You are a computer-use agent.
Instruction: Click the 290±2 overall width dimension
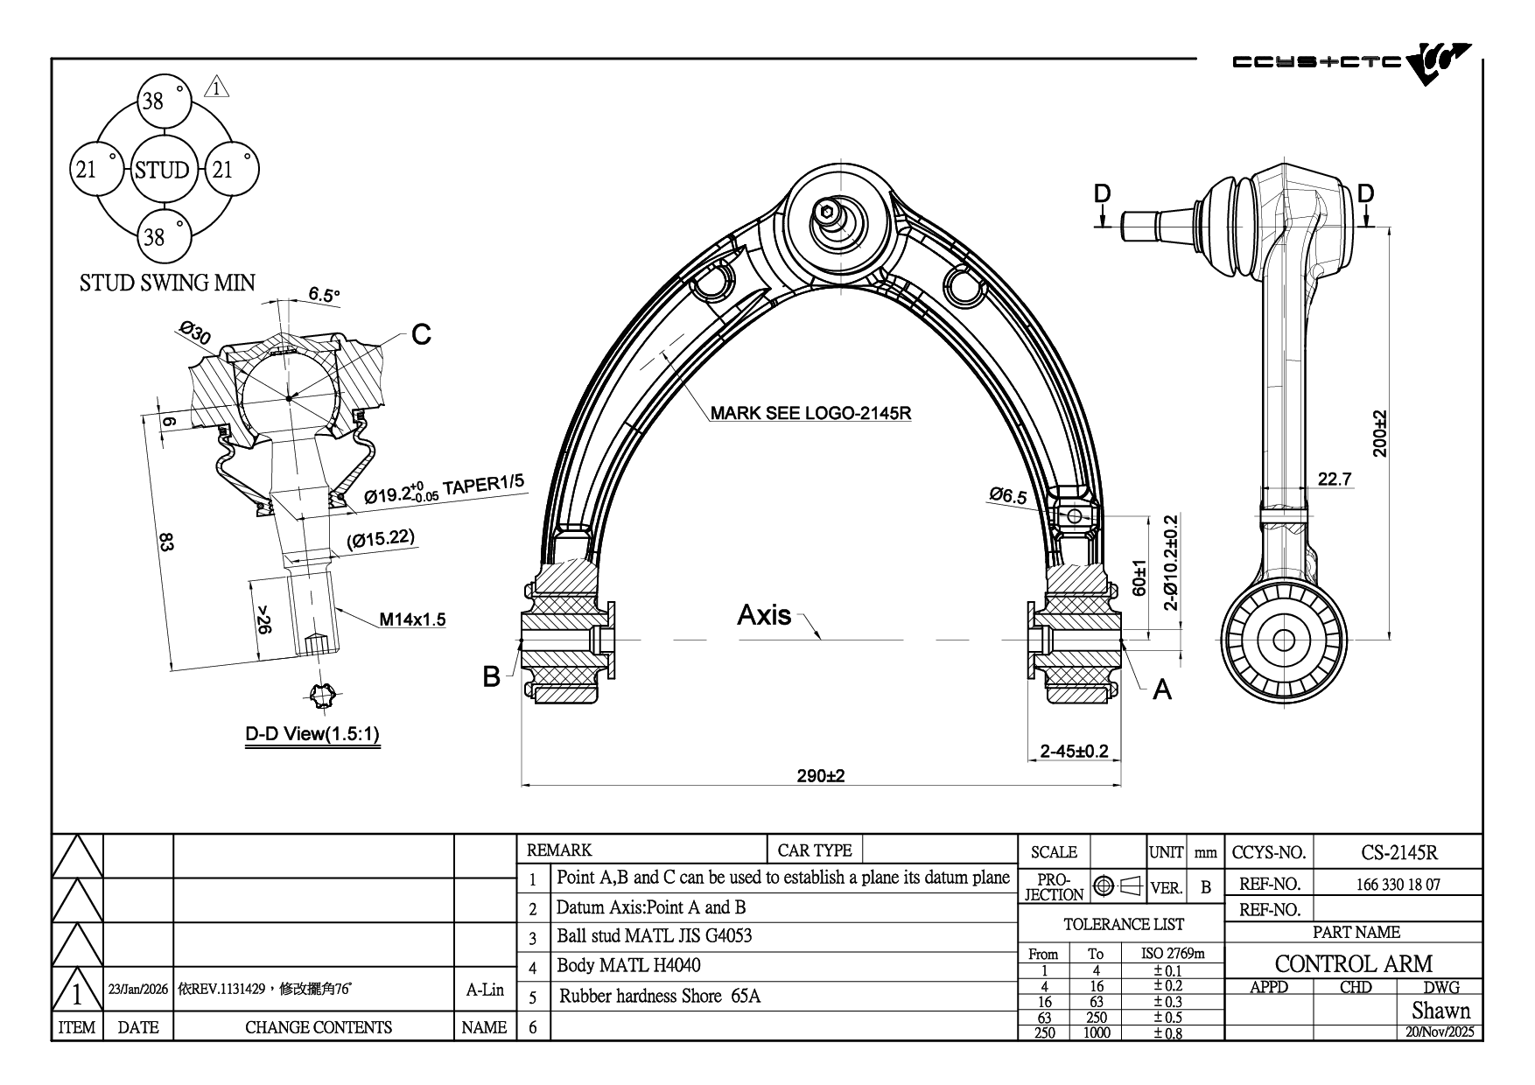pos(820,775)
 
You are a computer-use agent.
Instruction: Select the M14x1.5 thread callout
pos(412,619)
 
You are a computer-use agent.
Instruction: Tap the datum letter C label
pos(421,334)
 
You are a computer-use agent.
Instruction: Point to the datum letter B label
pos(492,676)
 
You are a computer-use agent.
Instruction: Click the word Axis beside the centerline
pos(764,615)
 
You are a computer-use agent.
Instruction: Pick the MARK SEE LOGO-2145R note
pos(810,413)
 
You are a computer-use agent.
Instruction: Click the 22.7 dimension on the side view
pos(1335,479)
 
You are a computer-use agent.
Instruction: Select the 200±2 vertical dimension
pos(1380,433)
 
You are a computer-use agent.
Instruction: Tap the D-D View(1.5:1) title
pos(312,733)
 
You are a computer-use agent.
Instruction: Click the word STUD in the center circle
pos(163,170)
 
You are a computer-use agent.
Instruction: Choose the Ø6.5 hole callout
pos(1008,496)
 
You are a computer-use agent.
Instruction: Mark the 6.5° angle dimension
pos(324,295)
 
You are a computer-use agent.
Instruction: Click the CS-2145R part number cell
pos(1399,851)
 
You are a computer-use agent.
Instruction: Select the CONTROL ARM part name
pos(1353,963)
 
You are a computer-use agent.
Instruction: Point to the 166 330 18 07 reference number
pos(1398,884)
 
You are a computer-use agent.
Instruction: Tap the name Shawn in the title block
pos(1440,1011)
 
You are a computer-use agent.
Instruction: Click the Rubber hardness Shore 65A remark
pos(660,996)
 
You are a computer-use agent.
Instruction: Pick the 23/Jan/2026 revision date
pos(137,990)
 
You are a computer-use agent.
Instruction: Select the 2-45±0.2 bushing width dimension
pos(1074,751)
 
